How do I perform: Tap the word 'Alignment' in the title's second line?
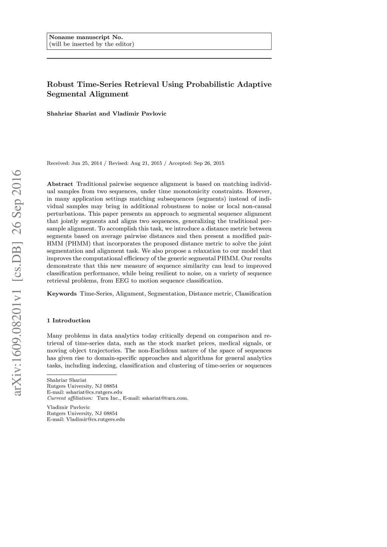109,94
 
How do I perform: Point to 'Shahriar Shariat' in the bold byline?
72,114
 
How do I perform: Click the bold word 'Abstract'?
60,184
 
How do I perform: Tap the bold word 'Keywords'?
62,294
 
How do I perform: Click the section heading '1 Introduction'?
69,321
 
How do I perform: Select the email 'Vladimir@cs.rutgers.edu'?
95,419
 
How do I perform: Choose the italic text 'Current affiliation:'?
70,398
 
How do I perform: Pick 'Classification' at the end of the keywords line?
253,294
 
